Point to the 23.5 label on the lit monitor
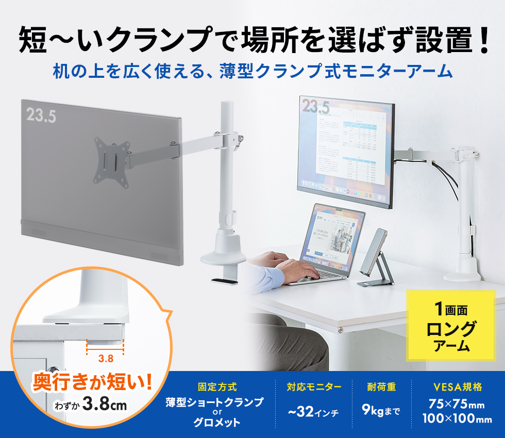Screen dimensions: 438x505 click(x=315, y=107)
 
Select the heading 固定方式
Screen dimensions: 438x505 click(x=217, y=386)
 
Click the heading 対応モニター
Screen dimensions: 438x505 click(x=314, y=386)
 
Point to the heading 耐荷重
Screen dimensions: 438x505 click(x=381, y=386)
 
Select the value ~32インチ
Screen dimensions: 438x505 click(x=313, y=412)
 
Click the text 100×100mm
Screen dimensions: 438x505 click(x=457, y=419)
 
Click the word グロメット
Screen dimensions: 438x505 click(x=217, y=423)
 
